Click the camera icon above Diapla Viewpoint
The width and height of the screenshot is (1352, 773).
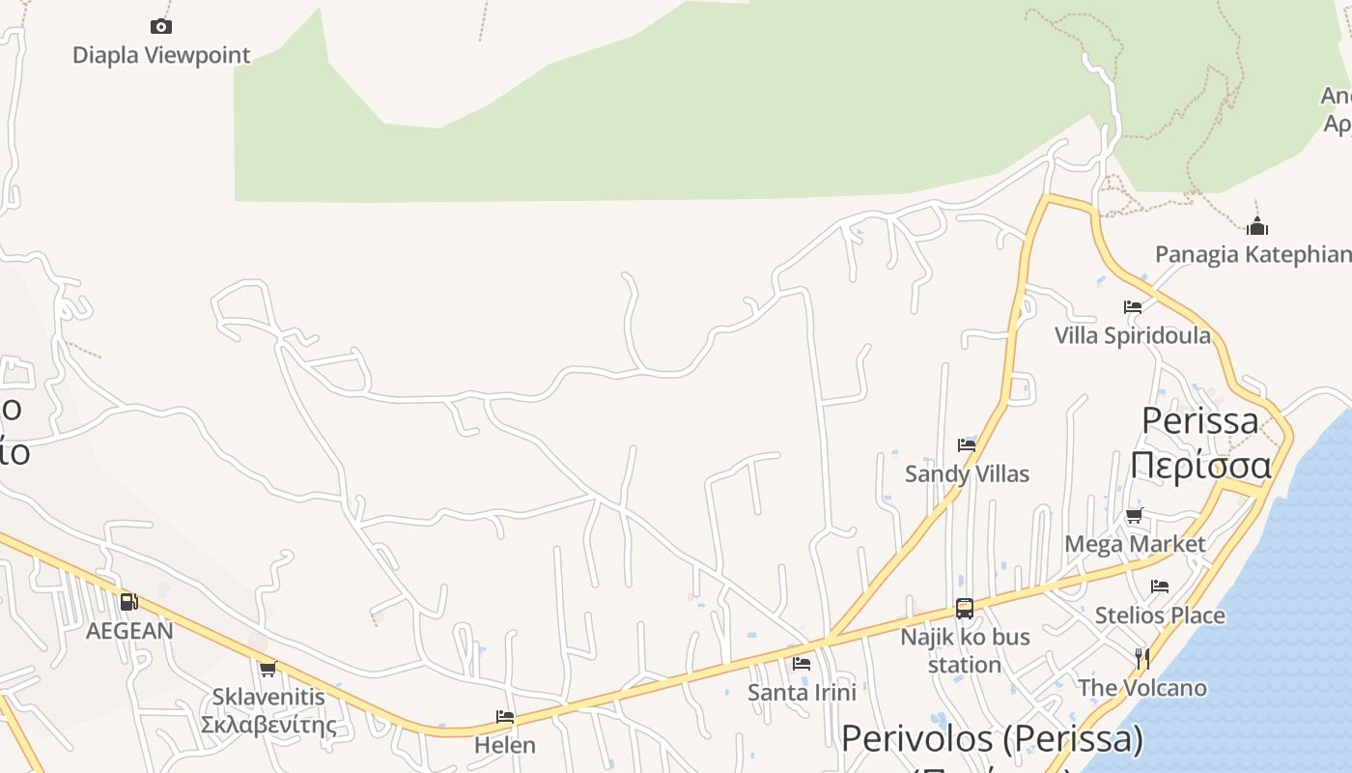pos(161,26)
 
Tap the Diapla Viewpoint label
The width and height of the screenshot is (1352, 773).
pos(161,55)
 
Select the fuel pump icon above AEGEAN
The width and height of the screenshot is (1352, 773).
pos(128,602)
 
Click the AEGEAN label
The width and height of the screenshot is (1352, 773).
pos(129,631)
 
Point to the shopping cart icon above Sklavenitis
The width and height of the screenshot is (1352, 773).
pos(268,669)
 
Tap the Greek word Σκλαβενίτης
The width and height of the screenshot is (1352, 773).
pos(268,725)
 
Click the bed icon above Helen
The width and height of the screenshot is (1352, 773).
pos(505,717)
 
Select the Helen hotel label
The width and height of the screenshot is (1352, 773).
pos(505,745)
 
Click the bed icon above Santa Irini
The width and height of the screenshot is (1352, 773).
pos(802,664)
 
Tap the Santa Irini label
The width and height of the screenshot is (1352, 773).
pos(802,692)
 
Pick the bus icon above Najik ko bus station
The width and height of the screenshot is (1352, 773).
pos(965,608)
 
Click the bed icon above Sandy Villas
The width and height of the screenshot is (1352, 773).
pos(967,445)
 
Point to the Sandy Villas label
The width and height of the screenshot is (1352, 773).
pos(967,473)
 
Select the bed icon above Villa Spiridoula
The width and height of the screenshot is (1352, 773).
pos(1133,307)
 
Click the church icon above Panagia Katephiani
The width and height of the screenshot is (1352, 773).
pos(1256,227)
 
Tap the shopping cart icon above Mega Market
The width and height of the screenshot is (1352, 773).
pos(1135,516)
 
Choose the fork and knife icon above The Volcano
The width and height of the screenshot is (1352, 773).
pos(1142,659)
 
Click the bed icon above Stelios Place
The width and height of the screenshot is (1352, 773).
pos(1160,587)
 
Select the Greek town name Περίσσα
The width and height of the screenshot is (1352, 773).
pos(1200,465)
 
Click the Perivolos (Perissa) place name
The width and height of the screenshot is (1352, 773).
pos(992,739)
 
